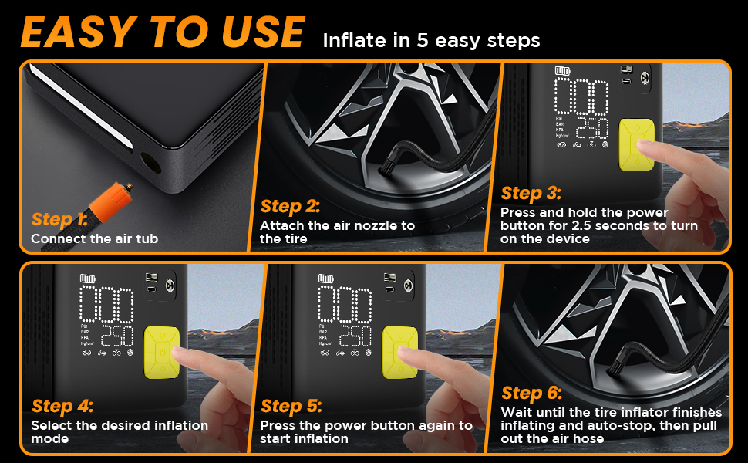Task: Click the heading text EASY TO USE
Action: coord(163,32)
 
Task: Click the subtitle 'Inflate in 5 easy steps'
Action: coord(431,41)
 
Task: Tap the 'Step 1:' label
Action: coord(59,219)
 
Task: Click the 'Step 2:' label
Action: coord(290,206)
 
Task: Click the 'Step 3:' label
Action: coord(531,194)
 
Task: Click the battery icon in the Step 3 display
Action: coord(562,71)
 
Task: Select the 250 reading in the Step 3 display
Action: coord(592,128)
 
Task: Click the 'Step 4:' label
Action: coord(62,406)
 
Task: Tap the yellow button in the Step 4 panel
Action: coord(162,352)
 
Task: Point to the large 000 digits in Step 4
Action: coord(106,305)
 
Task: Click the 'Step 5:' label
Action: coord(291,406)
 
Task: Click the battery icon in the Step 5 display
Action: coord(326,279)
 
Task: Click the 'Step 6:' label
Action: coord(531,394)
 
